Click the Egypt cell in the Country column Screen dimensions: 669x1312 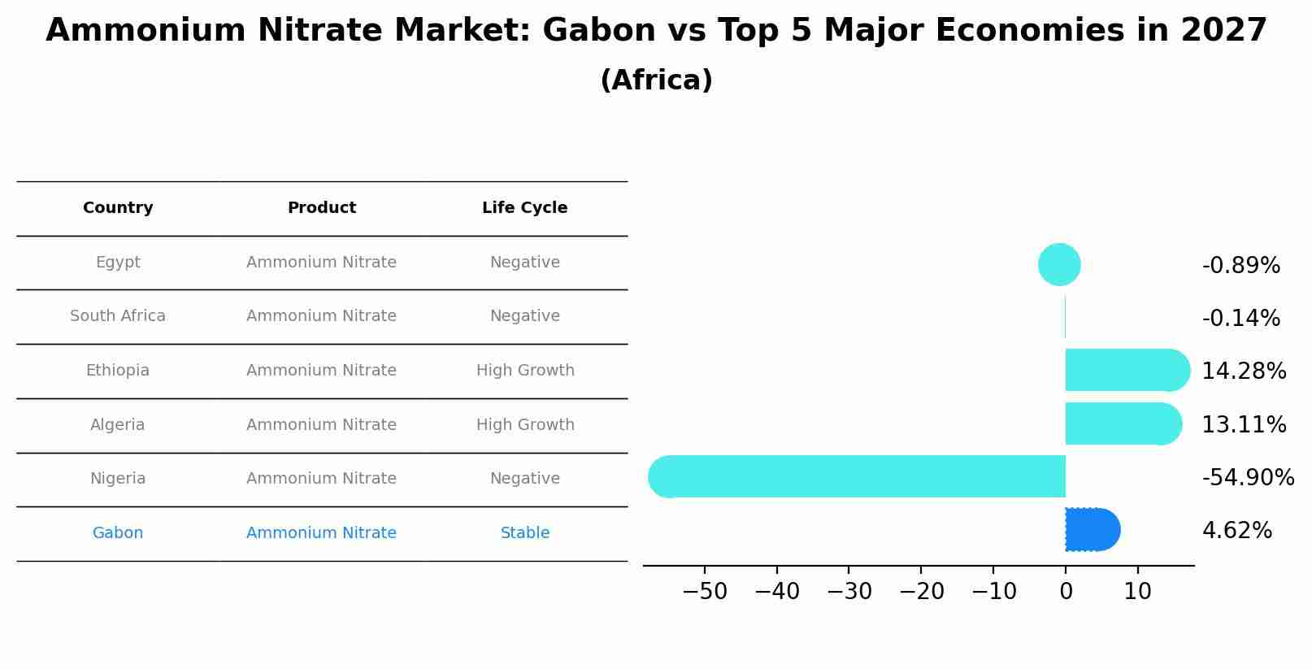[118, 263]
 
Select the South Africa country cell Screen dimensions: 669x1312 [118, 316]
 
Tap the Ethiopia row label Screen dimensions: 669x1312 [118, 371]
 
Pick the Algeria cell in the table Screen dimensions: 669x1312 [118, 425]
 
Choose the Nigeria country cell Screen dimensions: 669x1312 [118, 479]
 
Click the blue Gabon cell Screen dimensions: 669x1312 [118, 533]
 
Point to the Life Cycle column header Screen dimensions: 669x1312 [524, 208]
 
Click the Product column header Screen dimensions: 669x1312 [322, 208]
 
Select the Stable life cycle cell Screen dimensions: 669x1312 [524, 533]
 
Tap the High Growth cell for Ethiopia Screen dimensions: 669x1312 [524, 371]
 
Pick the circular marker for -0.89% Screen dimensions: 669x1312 [1059, 265]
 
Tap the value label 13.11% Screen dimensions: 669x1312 [1244, 425]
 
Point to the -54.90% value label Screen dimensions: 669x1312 [1248, 478]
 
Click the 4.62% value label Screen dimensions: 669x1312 [1236, 531]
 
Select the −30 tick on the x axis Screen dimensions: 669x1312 [849, 592]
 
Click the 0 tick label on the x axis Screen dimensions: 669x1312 [1066, 592]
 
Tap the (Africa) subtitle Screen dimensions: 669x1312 [656, 80]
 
